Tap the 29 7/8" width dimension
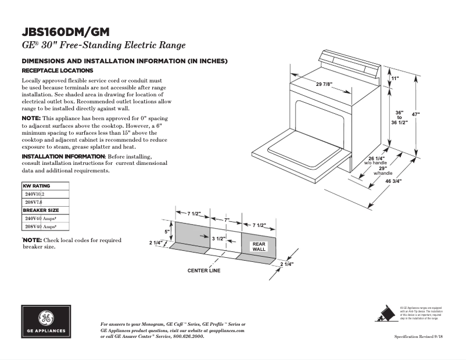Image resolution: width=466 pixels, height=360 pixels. tap(324, 85)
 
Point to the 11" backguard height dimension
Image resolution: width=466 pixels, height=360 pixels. tap(395, 78)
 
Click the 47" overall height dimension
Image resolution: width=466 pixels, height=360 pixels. tap(415, 114)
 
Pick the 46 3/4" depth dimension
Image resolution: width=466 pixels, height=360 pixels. tap(393, 181)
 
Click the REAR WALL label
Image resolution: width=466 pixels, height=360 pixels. tap(259, 247)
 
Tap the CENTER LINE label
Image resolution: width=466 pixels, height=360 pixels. tap(203, 271)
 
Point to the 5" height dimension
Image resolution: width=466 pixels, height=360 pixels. tap(167, 232)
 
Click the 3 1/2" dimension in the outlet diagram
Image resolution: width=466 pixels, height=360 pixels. tap(218, 239)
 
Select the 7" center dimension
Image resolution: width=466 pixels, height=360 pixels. tap(227, 220)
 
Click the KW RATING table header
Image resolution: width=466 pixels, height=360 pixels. tap(37, 186)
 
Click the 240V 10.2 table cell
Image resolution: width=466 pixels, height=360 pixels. tap(34, 194)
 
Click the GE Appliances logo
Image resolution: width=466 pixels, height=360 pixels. tap(45, 322)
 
